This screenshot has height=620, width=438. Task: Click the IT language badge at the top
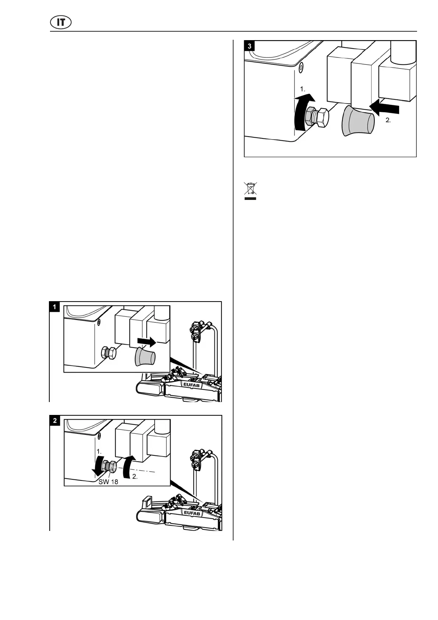[61, 22]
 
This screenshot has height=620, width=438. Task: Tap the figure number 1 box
[54, 307]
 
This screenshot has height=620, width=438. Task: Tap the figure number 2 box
[54, 420]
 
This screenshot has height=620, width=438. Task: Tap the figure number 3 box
[250, 46]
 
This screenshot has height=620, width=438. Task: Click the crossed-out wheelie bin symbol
[250, 188]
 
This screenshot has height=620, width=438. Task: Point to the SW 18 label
[108, 482]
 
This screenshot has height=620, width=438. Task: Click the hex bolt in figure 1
[108, 354]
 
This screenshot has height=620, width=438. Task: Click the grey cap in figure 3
[358, 120]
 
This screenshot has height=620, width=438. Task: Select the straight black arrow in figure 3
[384, 108]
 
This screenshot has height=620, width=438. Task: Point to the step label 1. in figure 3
[303, 89]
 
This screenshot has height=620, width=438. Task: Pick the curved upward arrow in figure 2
[129, 467]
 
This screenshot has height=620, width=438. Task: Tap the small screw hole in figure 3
[301, 67]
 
